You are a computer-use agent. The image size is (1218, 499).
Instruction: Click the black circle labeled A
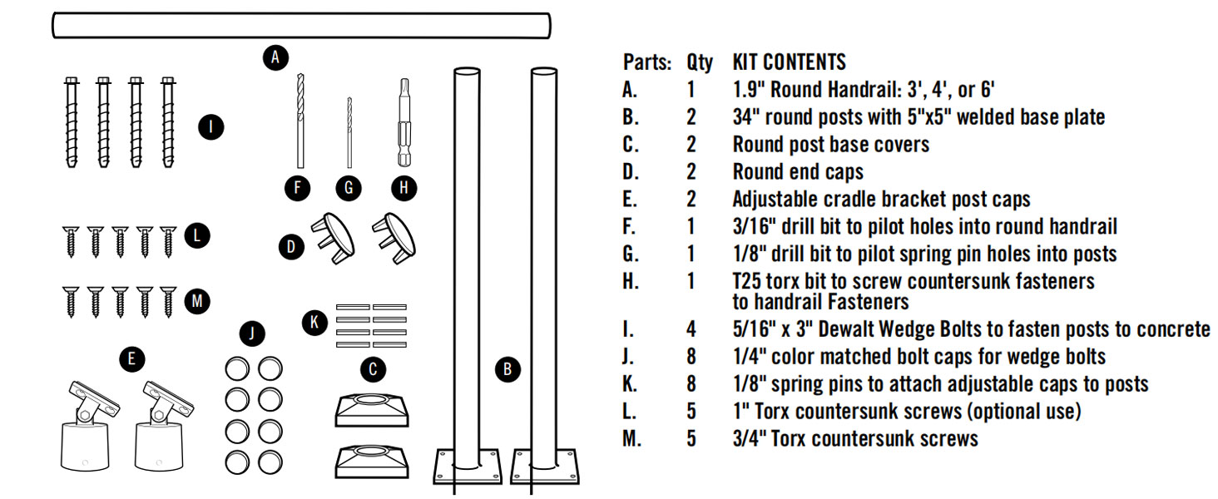pyautogui.click(x=275, y=57)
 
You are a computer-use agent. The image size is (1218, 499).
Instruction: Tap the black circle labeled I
pyautogui.click(x=211, y=127)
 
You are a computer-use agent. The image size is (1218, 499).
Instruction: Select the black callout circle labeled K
pyautogui.click(x=314, y=323)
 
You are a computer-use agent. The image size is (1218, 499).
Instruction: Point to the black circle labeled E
pyautogui.click(x=132, y=358)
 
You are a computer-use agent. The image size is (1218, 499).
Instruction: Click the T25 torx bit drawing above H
pyautogui.click(x=404, y=122)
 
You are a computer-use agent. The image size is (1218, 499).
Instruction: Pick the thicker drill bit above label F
pyautogui.click(x=300, y=121)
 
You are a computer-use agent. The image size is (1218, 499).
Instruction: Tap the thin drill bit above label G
pyautogui.click(x=349, y=132)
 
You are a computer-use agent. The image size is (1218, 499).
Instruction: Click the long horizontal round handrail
pyautogui.click(x=302, y=26)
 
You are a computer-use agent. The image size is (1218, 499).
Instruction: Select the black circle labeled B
pyautogui.click(x=507, y=369)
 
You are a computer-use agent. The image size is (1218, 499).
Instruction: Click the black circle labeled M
pyautogui.click(x=197, y=301)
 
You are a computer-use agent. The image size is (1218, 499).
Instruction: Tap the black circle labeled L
pyautogui.click(x=197, y=235)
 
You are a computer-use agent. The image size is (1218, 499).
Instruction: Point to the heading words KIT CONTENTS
pyautogui.click(x=790, y=62)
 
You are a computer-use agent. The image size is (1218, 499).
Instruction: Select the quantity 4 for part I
pyautogui.click(x=691, y=329)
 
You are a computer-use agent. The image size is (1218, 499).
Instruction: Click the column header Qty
pyautogui.click(x=699, y=63)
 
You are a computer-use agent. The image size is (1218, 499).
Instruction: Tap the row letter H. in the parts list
pyautogui.click(x=631, y=282)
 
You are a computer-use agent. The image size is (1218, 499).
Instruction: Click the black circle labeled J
pyautogui.click(x=252, y=333)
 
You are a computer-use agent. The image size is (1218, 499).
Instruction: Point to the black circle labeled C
pyautogui.click(x=373, y=369)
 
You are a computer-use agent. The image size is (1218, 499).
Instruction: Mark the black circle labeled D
pyautogui.click(x=291, y=246)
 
